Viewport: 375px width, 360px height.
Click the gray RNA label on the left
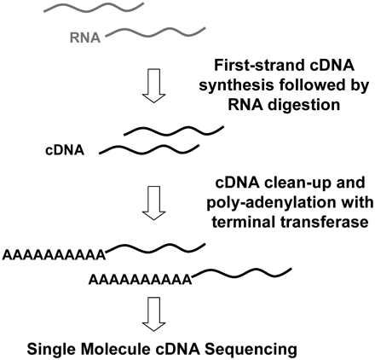85,38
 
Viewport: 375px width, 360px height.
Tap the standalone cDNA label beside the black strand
65,149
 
